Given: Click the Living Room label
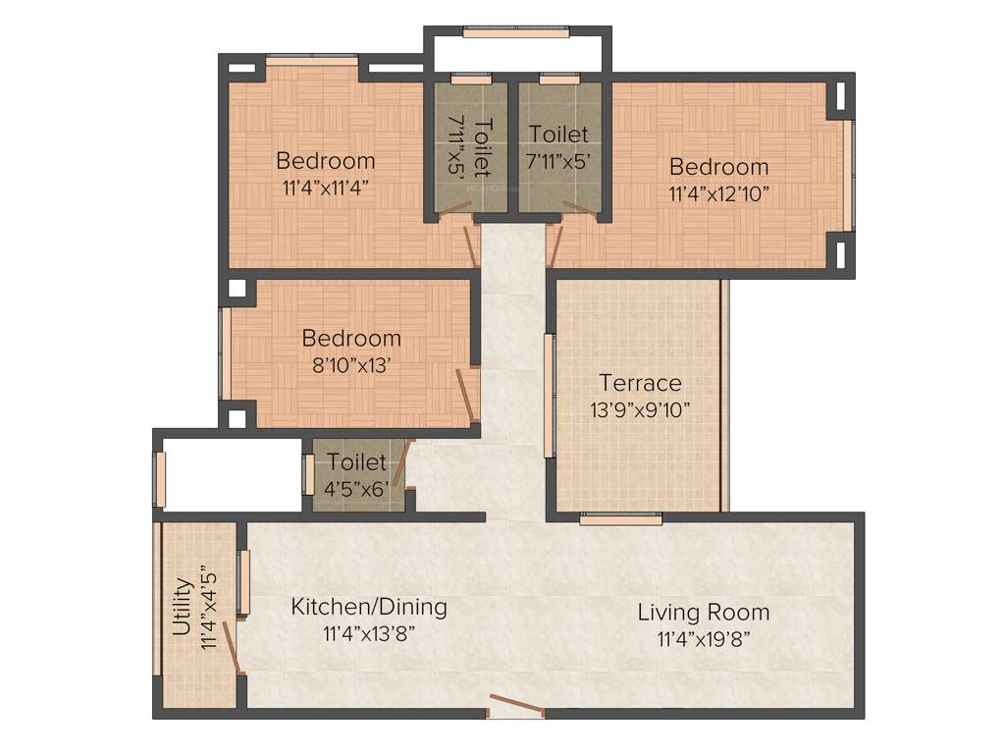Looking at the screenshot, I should coord(704,613).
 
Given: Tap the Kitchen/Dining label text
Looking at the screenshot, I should coord(369,607).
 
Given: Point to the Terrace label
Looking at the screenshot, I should coord(640,382).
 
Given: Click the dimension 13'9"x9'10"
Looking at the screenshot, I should coord(640,408).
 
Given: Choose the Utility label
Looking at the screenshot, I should coord(183,609).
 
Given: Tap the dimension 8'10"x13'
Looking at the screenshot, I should coord(351,364).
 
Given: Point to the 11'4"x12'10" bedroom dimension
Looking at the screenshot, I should coord(718,192).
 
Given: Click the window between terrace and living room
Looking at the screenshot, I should coord(607,518).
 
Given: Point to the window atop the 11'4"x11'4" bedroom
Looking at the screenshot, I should coord(312,62).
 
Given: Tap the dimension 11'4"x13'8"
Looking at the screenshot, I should coord(369,634).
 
